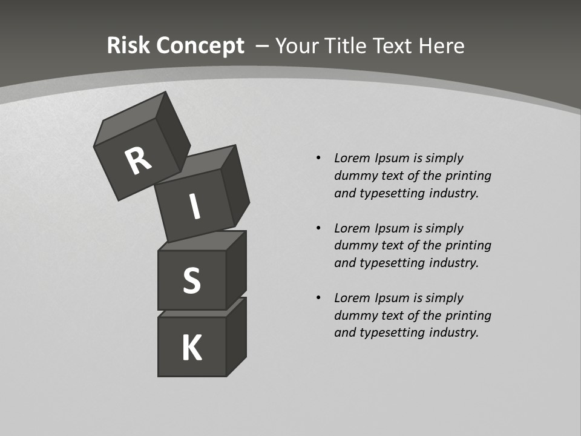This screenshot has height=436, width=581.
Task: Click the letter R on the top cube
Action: [x=139, y=160]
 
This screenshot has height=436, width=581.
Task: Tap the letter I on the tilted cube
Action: [x=194, y=206]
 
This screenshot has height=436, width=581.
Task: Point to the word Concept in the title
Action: [x=199, y=45]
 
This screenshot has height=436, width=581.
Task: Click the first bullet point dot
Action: [x=318, y=158]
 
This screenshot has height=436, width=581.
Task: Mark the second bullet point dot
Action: [x=318, y=228]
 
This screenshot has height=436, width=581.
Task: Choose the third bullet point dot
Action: [x=318, y=298]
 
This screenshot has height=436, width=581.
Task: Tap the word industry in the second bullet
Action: [x=455, y=263]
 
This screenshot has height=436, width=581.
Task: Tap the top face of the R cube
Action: [x=131, y=121]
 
